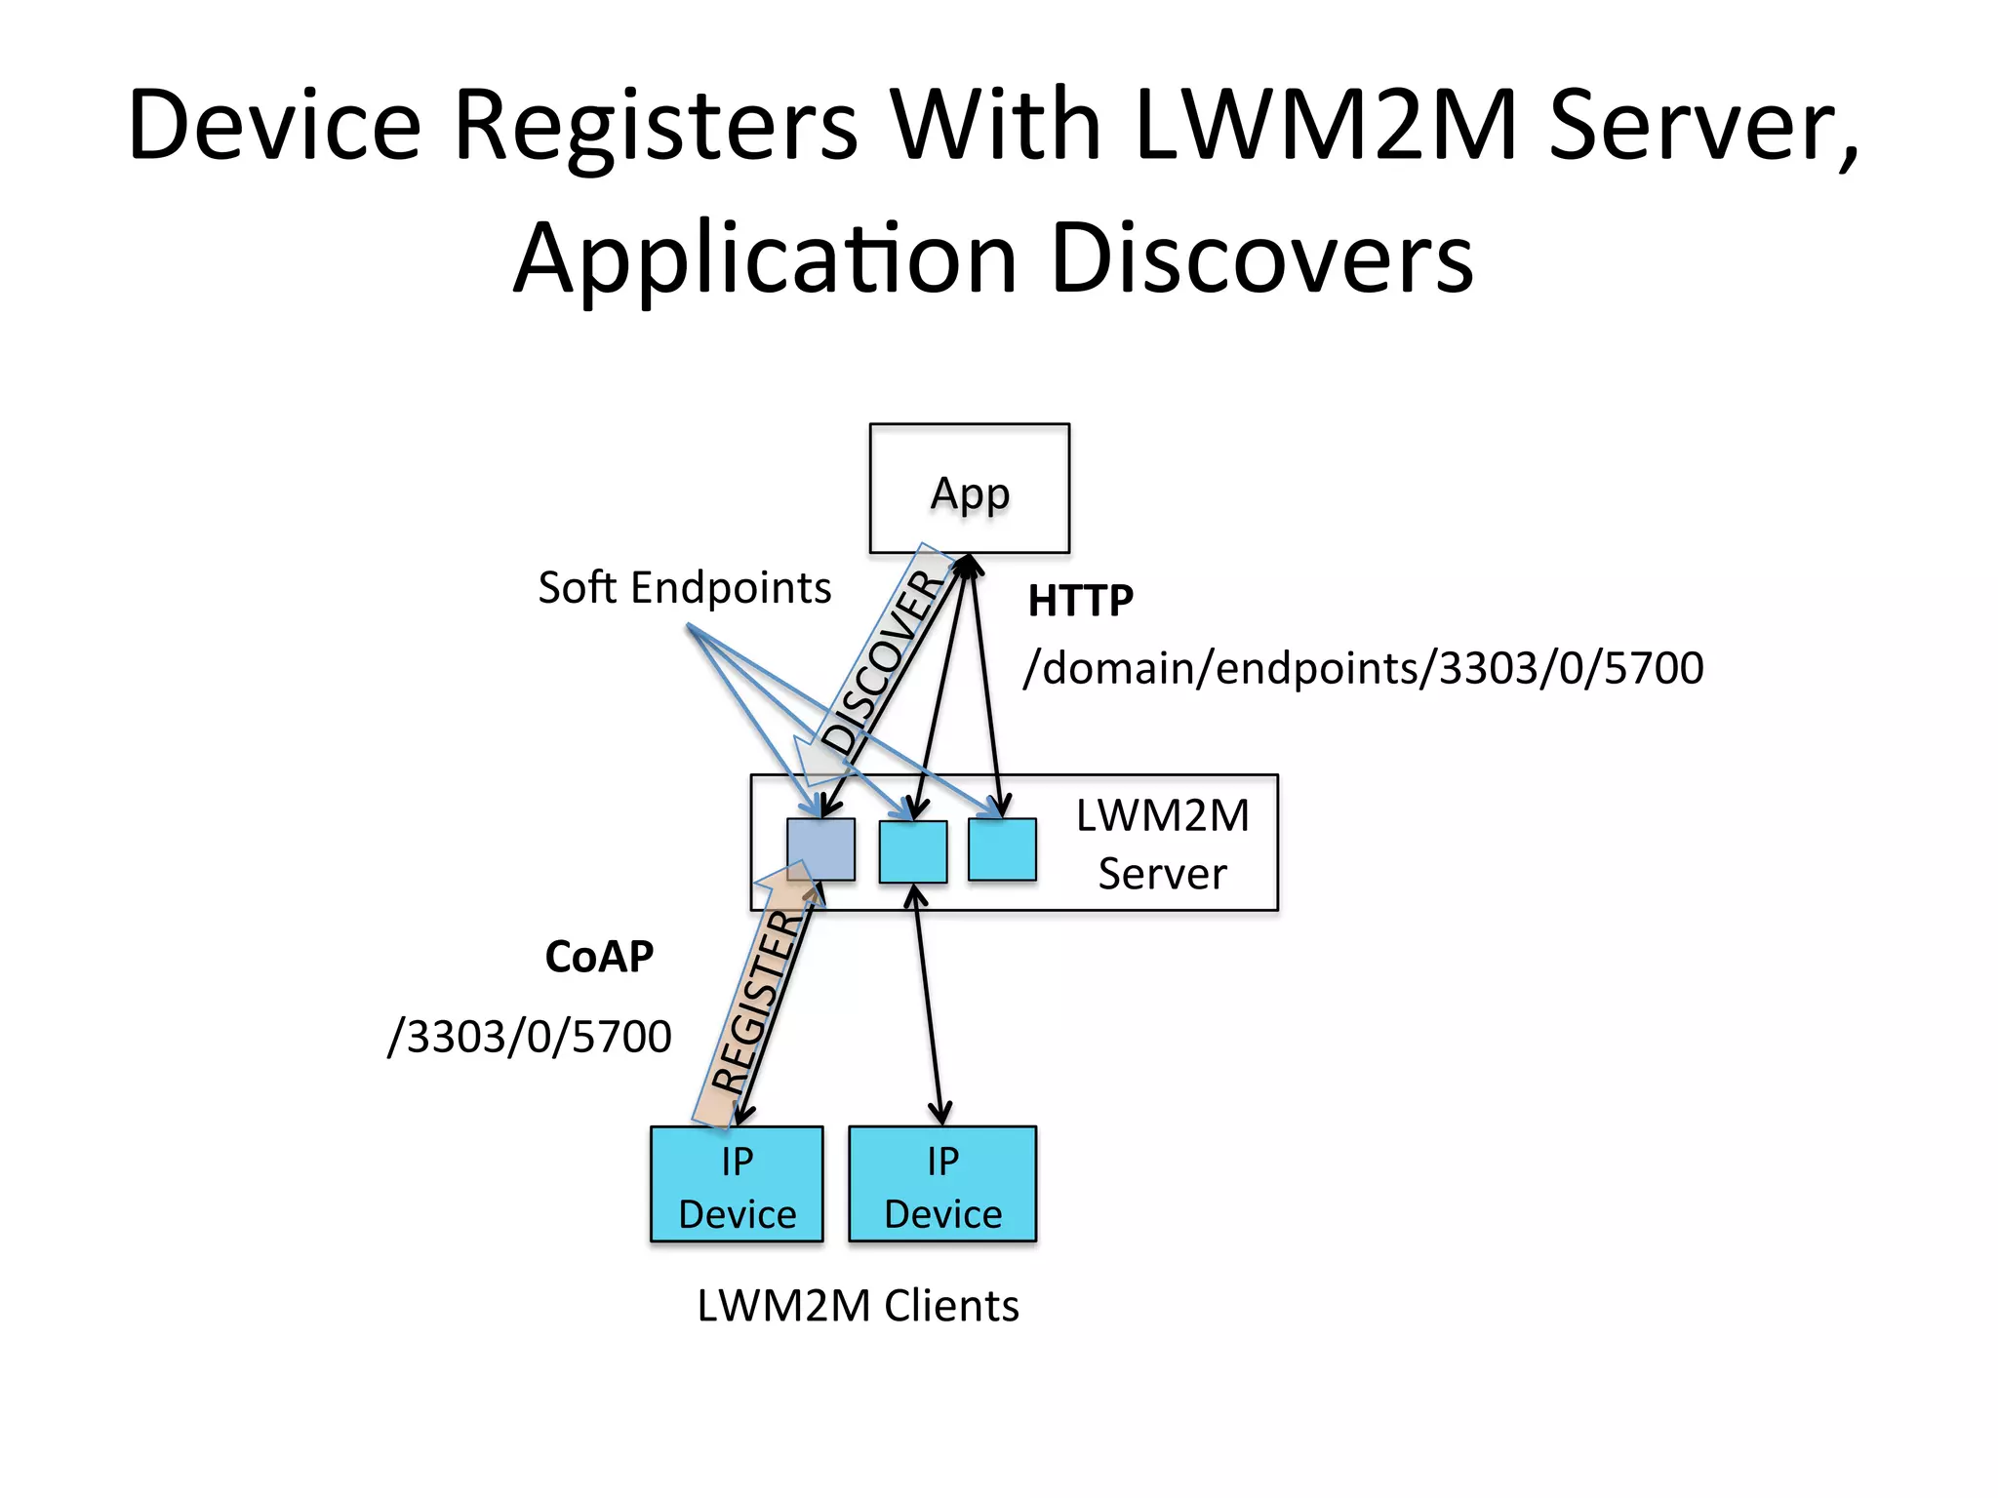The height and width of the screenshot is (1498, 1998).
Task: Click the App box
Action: (x=969, y=489)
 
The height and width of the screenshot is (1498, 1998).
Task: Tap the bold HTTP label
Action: (x=1080, y=601)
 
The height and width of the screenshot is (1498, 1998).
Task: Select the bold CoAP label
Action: (x=599, y=957)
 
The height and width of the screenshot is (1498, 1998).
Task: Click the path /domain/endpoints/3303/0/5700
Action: (x=1363, y=669)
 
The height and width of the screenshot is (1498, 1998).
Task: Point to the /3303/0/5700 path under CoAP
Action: (x=530, y=1037)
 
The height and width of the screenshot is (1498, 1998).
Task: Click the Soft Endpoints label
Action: (x=684, y=588)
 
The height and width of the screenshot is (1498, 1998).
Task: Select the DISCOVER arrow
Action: (x=881, y=663)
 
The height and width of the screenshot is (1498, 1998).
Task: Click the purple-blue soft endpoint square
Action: (x=820, y=848)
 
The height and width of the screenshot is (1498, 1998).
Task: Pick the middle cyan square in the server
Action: (x=912, y=851)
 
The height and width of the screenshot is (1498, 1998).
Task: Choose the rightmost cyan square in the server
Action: (x=1002, y=849)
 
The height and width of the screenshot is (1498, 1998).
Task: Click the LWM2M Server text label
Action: (x=1162, y=844)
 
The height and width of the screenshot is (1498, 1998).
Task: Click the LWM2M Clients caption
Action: (x=858, y=1306)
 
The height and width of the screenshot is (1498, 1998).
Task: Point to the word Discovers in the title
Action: (x=1262, y=258)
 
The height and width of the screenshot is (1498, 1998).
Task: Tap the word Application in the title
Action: (x=766, y=258)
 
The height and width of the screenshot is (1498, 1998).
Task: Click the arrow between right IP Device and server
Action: (x=927, y=1005)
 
